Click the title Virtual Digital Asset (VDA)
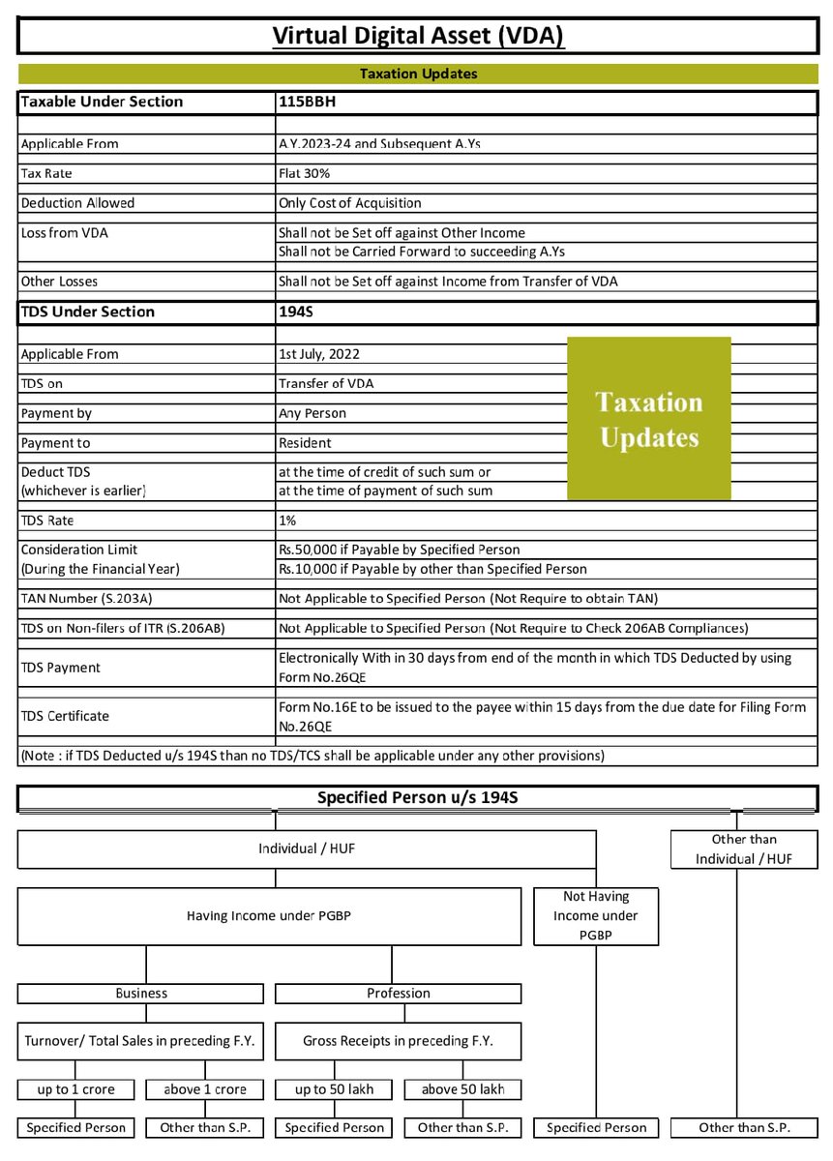[418, 36]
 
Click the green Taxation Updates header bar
[418, 74]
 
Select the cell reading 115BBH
[308, 102]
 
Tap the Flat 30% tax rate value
[305, 173]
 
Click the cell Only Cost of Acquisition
[350, 203]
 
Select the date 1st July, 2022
[320, 354]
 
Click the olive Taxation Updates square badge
[648, 418]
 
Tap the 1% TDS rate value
[286, 520]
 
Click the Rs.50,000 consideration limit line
[399, 550]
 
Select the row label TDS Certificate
[65, 716]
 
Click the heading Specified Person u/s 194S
[418, 798]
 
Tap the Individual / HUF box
[306, 848]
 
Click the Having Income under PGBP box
[269, 915]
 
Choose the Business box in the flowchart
[141, 993]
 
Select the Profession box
[398, 993]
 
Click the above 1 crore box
[205, 1088]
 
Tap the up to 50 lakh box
[334, 1088]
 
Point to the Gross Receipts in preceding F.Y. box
[398, 1041]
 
